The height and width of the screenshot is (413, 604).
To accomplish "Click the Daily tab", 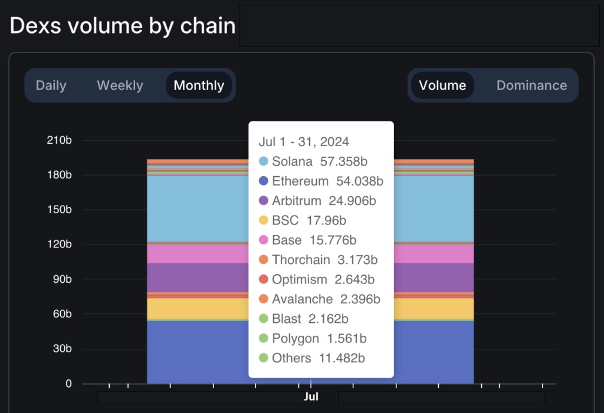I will (51, 85).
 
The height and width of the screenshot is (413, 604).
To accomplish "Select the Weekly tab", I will (120, 85).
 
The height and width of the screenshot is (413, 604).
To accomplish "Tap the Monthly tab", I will (199, 85).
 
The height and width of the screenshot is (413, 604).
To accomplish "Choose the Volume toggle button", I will (442, 85).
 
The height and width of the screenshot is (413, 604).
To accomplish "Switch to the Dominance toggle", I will (531, 85).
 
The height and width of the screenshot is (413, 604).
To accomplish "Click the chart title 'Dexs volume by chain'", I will (123, 25).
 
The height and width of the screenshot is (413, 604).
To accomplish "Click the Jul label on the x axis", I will (311, 397).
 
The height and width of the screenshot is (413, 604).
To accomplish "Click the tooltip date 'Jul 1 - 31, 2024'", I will (304, 142).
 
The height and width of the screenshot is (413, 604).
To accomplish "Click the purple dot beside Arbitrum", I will (264, 201).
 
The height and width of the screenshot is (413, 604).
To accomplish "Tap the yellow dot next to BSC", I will (264, 220).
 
